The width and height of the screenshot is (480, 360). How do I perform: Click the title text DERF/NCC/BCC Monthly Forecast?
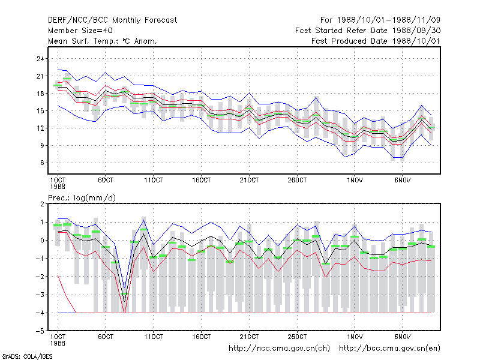[112, 20]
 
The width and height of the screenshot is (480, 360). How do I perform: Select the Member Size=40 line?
[80, 31]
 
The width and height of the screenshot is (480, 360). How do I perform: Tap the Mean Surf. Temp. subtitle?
[103, 41]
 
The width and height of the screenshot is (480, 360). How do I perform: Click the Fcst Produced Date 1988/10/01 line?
[376, 41]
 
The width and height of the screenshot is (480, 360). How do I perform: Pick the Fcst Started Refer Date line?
[368, 31]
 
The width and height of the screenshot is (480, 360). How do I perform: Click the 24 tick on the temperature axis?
[40, 59]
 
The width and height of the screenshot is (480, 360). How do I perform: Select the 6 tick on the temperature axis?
[42, 163]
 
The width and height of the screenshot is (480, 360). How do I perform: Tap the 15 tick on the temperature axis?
[40, 111]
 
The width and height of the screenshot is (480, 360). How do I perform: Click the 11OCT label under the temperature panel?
[154, 181]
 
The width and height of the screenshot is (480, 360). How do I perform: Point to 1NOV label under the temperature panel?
[355, 181]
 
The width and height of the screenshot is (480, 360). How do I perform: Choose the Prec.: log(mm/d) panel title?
[82, 198]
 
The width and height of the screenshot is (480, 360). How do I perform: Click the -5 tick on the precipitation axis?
[40, 331]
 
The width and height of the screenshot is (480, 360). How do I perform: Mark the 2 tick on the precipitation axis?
[42, 204]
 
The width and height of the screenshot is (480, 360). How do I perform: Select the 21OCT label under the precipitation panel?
[249, 337]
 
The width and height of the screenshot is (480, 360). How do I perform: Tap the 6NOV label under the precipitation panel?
[402, 337]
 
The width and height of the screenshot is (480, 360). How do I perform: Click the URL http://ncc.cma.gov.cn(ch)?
[279, 349]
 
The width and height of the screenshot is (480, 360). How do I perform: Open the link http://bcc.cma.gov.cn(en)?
[389, 349]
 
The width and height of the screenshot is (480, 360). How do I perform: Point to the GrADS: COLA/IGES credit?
[27, 356]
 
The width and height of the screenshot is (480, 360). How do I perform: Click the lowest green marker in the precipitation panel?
[125, 294]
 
